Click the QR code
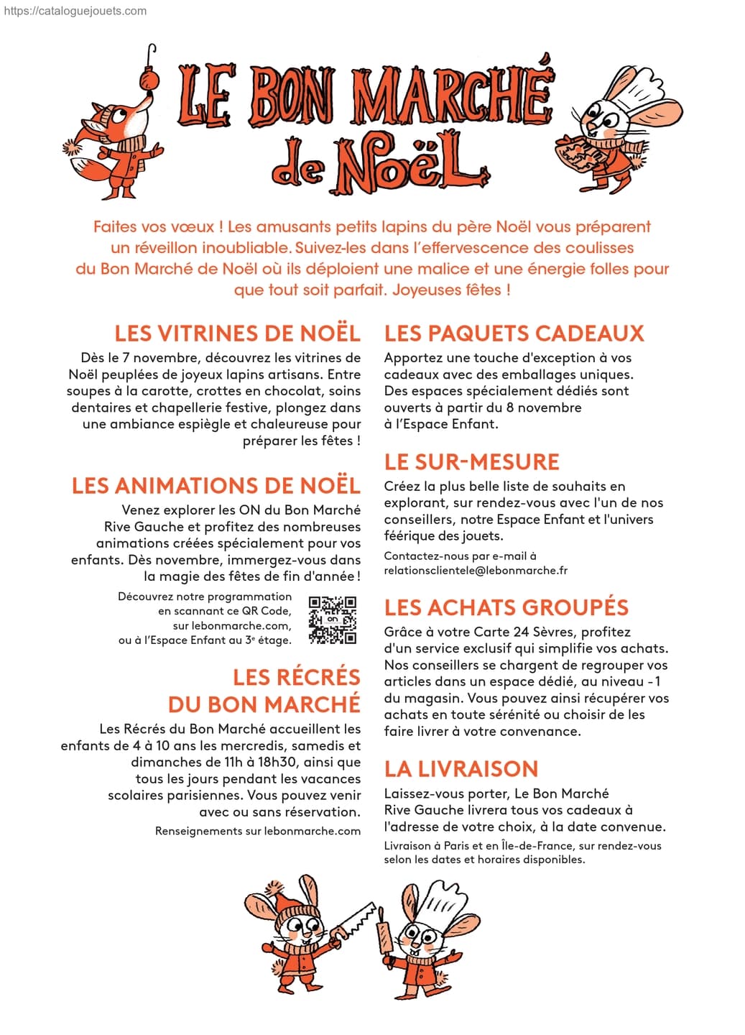pos(332,619)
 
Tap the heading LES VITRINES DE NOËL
pos(237,333)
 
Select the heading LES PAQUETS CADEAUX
pos(514,333)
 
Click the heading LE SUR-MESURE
pos(471,461)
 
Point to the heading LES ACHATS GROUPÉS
pos(506,607)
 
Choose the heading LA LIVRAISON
pos(461,769)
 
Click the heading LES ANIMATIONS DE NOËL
pos(216,486)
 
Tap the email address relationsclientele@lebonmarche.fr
pos(476,571)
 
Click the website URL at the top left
pos(75,11)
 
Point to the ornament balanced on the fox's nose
pos(149,76)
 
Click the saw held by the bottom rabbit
pos(356,921)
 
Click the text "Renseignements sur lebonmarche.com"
pos(257,831)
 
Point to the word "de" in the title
pos(296,168)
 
